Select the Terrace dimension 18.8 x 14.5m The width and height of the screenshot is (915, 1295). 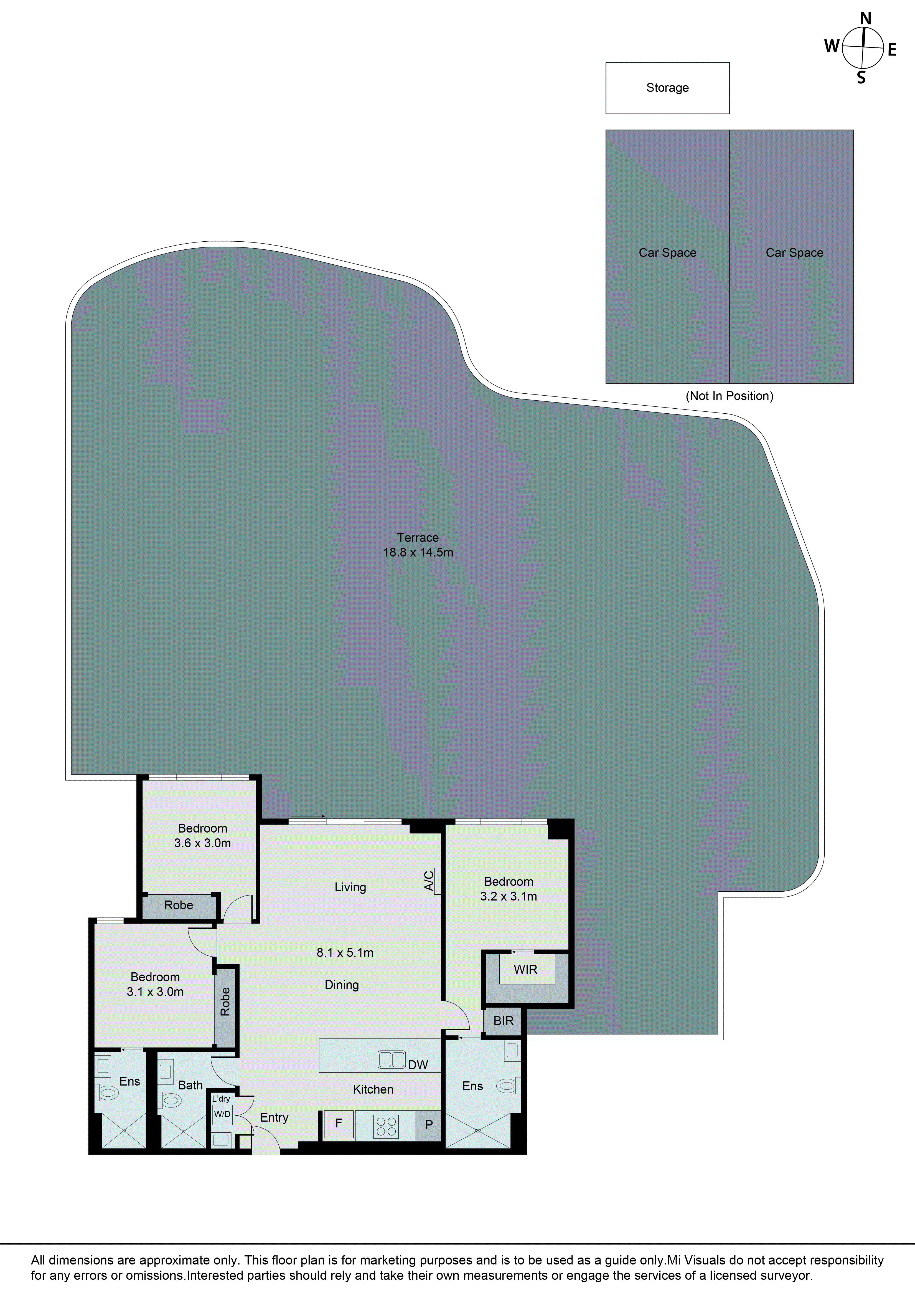(418, 553)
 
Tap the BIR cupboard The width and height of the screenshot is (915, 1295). (504, 1021)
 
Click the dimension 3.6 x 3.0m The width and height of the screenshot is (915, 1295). (202, 843)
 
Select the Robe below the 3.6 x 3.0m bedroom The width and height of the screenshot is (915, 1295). (179, 905)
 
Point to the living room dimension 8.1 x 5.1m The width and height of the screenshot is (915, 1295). (345, 953)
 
